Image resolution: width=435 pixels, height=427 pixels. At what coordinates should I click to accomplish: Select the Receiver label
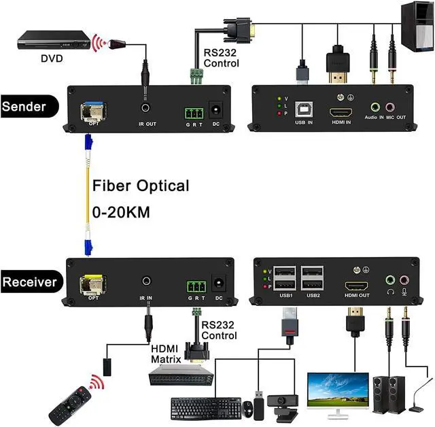pos(30,281)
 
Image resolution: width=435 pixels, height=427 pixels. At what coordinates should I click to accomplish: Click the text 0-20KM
pos(121,211)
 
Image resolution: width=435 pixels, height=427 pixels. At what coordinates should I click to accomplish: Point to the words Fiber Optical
pos(140,186)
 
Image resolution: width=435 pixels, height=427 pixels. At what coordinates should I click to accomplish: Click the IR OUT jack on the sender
pos(145,108)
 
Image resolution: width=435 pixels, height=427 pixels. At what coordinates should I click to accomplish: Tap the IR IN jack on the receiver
pos(146,280)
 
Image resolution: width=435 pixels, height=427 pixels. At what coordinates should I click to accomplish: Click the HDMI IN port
pos(339,112)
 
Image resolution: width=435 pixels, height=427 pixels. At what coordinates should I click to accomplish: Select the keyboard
pos(205,408)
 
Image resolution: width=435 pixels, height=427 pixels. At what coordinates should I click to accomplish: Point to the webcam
pos(282,405)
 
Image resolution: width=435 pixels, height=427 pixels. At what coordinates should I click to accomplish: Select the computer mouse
pos(249,409)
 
